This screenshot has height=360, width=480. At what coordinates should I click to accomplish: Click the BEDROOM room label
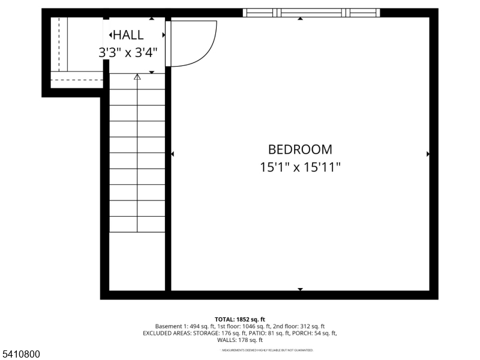tap(300, 149)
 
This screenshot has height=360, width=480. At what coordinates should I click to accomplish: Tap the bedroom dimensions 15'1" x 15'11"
tap(300, 167)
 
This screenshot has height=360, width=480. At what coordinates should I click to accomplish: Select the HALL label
tap(128, 35)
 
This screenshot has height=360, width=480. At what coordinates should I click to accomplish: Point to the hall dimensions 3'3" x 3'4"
tap(128, 52)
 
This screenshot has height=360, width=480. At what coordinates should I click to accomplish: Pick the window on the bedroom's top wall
tap(311, 13)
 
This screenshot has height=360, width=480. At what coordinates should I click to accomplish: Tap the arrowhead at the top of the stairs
tap(137, 77)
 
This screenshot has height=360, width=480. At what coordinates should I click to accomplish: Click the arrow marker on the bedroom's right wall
tap(428, 154)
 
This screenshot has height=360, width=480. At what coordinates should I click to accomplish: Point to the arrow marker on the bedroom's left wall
tap(173, 154)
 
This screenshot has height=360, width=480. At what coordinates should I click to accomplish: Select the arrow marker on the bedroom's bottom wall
tap(300, 289)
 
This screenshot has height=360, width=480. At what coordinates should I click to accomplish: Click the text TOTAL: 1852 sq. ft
tap(240, 319)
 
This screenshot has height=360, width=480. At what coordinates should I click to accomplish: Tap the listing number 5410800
tap(20, 355)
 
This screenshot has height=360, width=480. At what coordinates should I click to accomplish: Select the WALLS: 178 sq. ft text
tap(240, 340)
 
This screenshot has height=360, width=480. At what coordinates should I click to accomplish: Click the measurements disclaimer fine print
tap(267, 350)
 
